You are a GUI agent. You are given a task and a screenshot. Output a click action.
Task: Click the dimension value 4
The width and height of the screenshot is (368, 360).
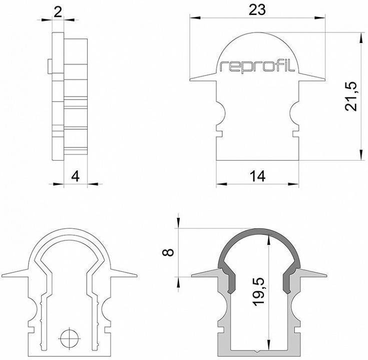coord(76,176)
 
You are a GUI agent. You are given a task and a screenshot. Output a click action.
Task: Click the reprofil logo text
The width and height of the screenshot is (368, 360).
coord(258,66)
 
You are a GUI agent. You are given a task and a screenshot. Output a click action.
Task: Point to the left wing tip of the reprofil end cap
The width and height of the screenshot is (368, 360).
coord(192,79)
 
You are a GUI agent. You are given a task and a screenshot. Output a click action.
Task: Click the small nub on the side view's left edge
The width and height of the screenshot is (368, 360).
coord(48,65)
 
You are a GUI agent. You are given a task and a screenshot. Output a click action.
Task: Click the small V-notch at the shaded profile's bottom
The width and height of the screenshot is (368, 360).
coord(258,352)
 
